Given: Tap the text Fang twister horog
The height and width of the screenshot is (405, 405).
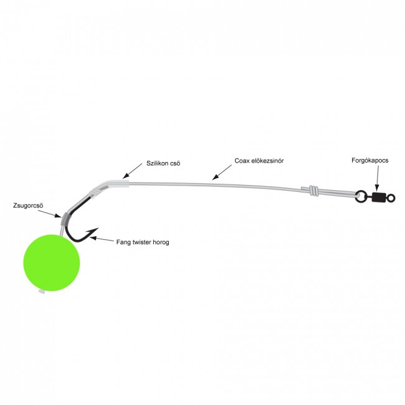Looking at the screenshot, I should (142, 241).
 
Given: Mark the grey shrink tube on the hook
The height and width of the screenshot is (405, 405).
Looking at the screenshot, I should (64, 217).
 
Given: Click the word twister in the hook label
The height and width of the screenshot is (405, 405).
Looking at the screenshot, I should (141, 241).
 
